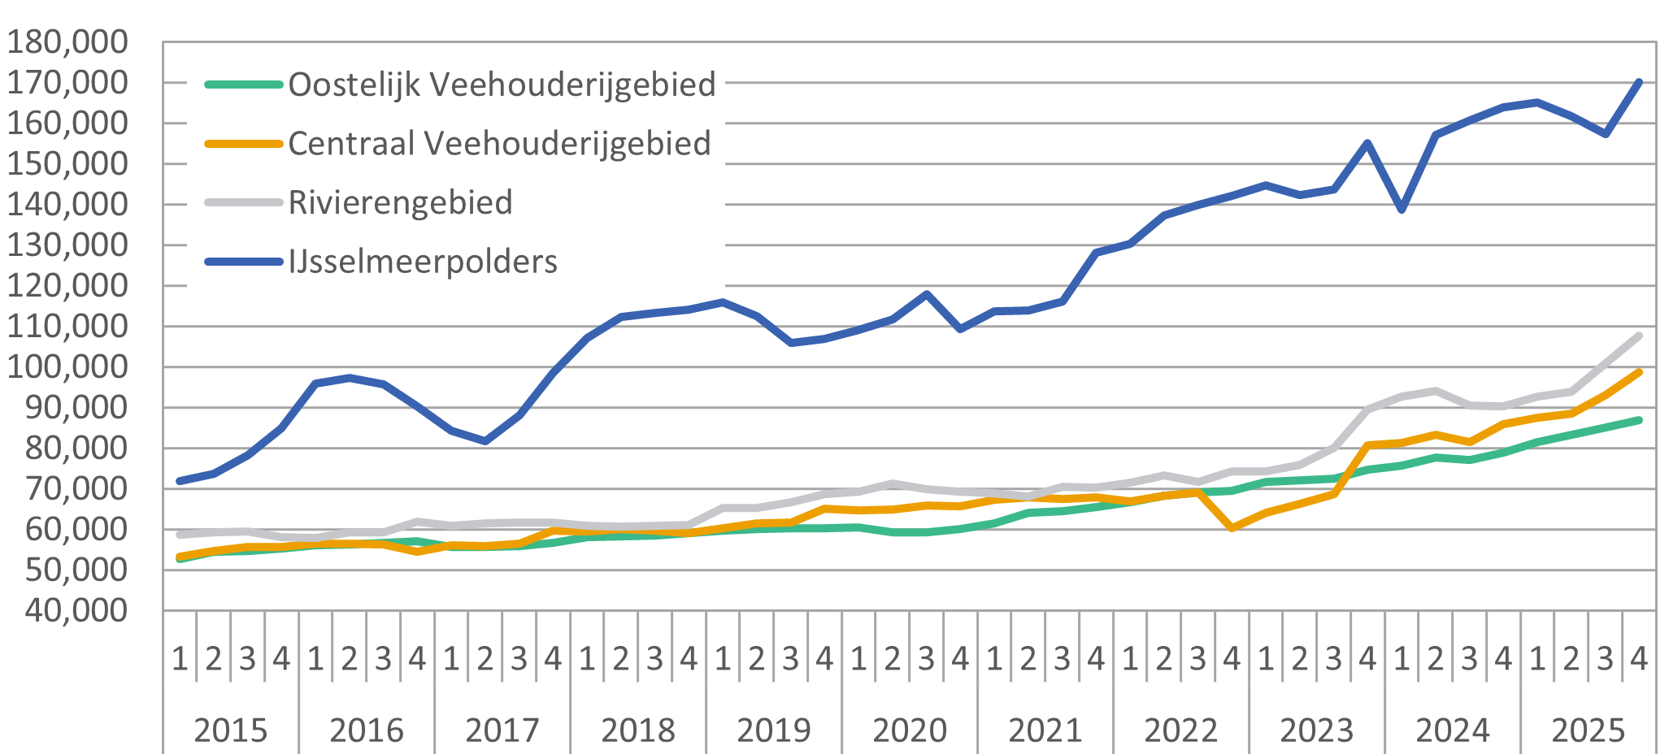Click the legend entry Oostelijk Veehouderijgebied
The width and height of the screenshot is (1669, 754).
click(x=502, y=84)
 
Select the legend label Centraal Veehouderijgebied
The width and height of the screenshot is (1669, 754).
click(x=499, y=144)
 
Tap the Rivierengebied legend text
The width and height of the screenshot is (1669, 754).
click(x=400, y=203)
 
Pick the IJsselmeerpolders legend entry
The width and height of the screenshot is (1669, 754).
click(x=423, y=262)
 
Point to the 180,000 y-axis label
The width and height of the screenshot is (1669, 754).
click(x=67, y=41)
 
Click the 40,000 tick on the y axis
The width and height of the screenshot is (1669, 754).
click(x=76, y=610)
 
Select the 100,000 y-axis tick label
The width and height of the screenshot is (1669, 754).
click(x=67, y=366)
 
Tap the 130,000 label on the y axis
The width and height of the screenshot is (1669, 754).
click(x=67, y=245)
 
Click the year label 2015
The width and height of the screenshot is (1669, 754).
click(x=231, y=730)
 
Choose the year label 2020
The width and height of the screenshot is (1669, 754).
click(x=910, y=730)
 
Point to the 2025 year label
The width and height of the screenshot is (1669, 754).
click(x=1589, y=730)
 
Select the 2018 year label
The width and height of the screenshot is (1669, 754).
click(x=638, y=730)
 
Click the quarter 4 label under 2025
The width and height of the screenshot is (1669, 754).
click(x=1639, y=658)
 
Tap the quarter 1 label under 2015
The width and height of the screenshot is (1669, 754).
click(x=180, y=658)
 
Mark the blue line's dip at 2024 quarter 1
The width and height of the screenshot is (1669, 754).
click(x=1402, y=210)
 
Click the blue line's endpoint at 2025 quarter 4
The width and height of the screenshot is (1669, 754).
click(x=1639, y=82)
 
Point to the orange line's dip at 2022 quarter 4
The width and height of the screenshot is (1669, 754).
click(x=1232, y=528)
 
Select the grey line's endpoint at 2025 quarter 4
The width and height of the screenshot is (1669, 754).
click(x=1639, y=336)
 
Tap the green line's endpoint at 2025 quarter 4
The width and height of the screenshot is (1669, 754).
click(x=1639, y=420)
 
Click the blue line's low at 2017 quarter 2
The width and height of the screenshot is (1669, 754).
click(x=485, y=441)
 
